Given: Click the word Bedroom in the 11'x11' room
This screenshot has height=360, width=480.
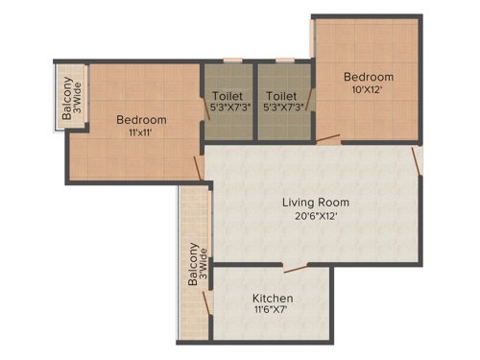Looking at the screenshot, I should point(141,120).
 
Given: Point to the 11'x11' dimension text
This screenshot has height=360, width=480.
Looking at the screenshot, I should point(141,133).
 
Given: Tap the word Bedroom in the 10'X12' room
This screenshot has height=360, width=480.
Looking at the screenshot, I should point(370,77).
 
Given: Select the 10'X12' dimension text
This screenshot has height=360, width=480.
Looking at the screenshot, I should point(370,90).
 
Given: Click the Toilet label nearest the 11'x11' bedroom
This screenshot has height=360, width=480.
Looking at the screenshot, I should point(227,96).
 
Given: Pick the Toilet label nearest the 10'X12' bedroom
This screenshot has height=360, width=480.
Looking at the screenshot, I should point(282,96).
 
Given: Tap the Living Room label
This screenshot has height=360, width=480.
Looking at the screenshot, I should point(315,203).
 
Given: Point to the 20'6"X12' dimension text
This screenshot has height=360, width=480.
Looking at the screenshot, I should point(315,217).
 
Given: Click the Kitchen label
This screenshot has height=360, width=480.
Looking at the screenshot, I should point(273,299).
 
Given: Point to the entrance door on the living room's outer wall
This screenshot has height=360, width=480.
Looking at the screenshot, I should point(418,158).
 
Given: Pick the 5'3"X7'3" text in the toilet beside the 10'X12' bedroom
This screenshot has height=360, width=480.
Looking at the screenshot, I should point(282,108).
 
